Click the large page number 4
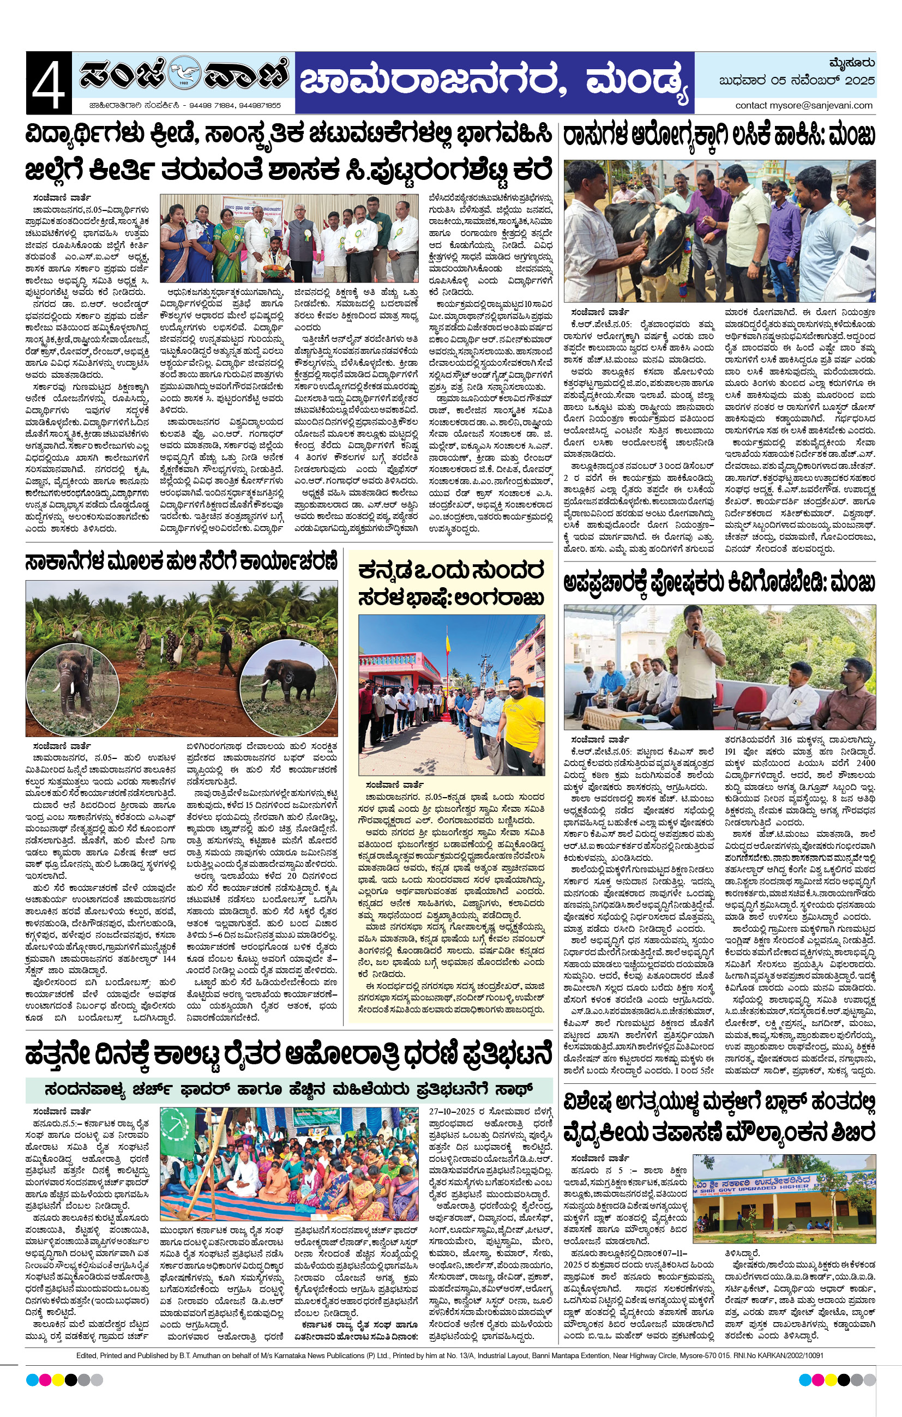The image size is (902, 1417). pyautogui.click(x=49, y=82)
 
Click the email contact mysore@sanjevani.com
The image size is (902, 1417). pyautogui.click(x=804, y=105)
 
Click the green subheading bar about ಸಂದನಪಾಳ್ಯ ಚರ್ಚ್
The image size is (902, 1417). pyautogui.click(x=288, y=1089)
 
